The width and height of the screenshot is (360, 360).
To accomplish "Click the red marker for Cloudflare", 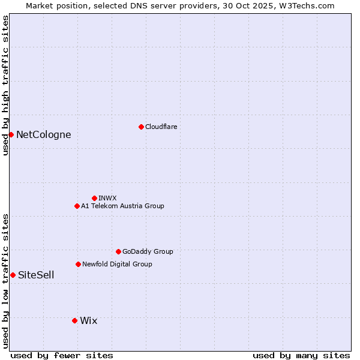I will tap(141, 127).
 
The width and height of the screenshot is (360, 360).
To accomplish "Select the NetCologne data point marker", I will tap(11, 134).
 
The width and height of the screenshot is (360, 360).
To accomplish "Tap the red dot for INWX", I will tap(94, 198).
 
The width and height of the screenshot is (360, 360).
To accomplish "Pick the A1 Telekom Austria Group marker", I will tap(77, 206).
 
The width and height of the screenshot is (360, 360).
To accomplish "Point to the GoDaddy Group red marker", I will tap(118, 251).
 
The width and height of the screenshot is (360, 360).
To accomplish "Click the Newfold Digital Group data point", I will tap(78, 264).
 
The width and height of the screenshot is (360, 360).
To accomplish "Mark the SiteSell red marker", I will tap(13, 275).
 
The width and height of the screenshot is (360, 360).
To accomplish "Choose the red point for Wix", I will tap(74, 320).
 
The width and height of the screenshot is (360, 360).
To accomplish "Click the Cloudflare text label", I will tap(161, 127).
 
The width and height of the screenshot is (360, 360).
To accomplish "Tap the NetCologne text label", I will tap(43, 134).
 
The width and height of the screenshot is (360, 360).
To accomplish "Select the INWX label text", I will tap(107, 198).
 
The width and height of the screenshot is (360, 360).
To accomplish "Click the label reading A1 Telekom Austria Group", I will tap(122, 206).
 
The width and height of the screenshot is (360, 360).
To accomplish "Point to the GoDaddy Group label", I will tap(148, 251).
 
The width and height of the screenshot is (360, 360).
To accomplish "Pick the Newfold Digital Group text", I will tap(117, 264).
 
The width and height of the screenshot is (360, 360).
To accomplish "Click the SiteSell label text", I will tap(36, 275).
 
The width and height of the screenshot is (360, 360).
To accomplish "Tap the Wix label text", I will tap(88, 320).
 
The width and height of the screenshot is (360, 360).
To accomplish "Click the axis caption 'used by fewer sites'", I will tap(62, 355).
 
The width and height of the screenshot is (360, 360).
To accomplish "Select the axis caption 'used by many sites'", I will tap(301, 355).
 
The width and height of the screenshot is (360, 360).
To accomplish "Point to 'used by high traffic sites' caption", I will tap(5, 85).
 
